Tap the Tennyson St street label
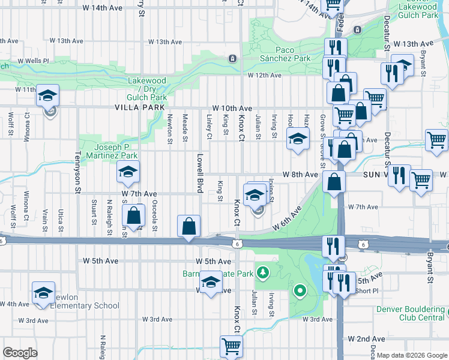point(77,173)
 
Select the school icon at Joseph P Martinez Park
point(127,172)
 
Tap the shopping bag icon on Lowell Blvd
point(188,227)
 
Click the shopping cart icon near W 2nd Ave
point(231,346)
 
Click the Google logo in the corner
point(20,353)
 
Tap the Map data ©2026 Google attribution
point(412,355)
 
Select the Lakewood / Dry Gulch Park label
point(146,88)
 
